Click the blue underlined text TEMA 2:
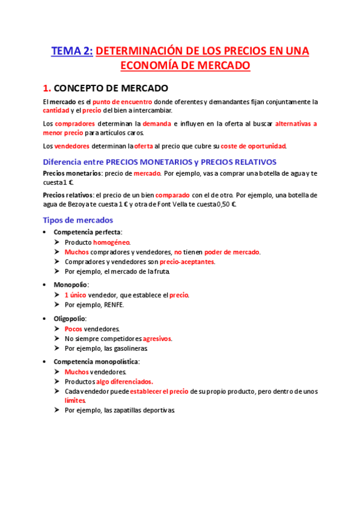click(x=72, y=52)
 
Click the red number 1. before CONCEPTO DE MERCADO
click(x=47, y=88)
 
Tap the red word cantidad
click(x=55, y=111)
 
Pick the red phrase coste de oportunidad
click(x=253, y=146)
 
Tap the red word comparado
click(x=173, y=195)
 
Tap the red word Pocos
click(x=74, y=329)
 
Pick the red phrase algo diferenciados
click(x=124, y=381)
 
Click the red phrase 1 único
click(x=75, y=295)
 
